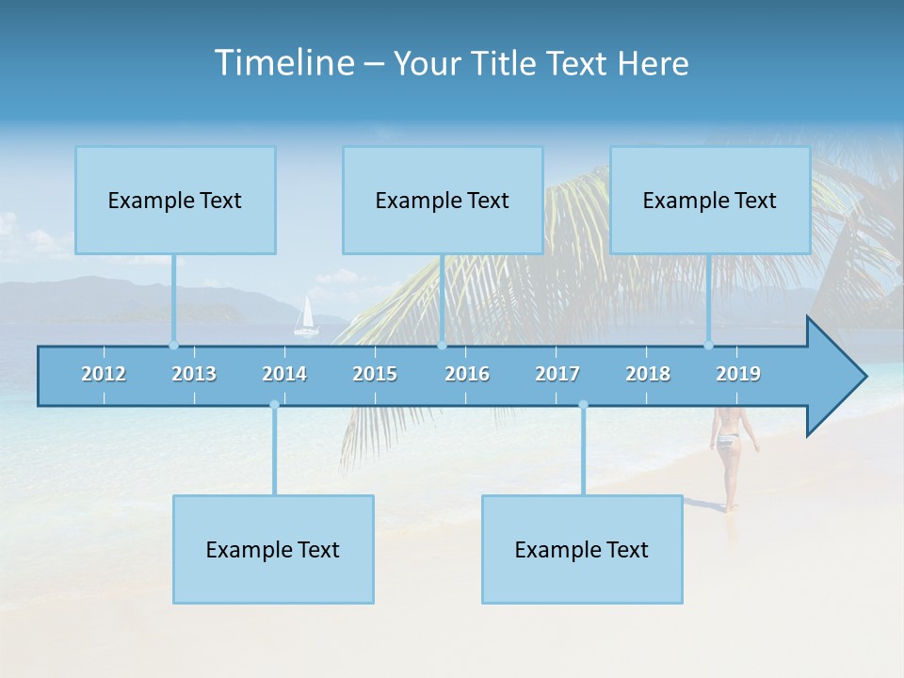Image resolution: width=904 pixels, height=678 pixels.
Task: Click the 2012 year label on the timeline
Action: click(x=104, y=374)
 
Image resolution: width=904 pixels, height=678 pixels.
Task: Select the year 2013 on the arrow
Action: click(x=194, y=374)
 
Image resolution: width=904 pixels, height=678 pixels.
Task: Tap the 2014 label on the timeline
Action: click(x=284, y=374)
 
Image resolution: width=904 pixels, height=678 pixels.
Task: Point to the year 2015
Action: click(x=375, y=374)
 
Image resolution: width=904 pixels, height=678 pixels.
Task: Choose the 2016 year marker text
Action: click(x=467, y=374)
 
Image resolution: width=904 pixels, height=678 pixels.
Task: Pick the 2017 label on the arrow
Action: click(x=557, y=374)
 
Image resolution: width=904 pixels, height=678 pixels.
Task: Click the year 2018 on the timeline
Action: click(x=648, y=374)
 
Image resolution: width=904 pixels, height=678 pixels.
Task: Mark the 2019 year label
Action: click(x=738, y=374)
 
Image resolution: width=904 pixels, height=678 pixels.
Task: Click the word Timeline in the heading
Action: click(x=282, y=63)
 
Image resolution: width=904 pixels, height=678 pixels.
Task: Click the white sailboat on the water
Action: click(x=305, y=317)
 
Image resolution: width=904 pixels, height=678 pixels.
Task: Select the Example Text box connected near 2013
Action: click(x=175, y=201)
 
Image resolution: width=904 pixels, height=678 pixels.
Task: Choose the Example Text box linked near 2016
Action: click(x=443, y=201)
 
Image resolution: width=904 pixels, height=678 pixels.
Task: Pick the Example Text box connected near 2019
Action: click(x=710, y=201)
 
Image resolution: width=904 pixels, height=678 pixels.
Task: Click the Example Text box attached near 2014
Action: click(x=273, y=549)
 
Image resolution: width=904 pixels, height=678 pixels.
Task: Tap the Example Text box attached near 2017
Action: click(x=582, y=549)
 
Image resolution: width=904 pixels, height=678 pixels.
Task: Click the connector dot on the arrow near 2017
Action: click(x=583, y=405)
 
